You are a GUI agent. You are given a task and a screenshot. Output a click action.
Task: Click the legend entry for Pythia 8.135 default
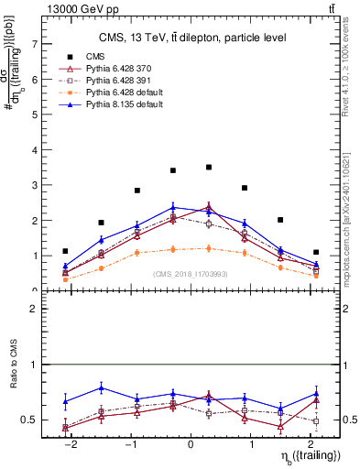point(112,106)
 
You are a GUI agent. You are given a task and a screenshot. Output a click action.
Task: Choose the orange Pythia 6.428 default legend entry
point(112,94)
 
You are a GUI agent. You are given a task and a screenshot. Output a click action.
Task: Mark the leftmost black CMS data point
point(65,251)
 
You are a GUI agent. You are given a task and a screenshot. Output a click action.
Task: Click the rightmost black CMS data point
point(316,252)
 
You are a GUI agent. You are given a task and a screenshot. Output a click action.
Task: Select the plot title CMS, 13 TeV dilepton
point(191,37)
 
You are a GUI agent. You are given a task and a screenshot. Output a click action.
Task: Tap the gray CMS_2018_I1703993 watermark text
point(191,273)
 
